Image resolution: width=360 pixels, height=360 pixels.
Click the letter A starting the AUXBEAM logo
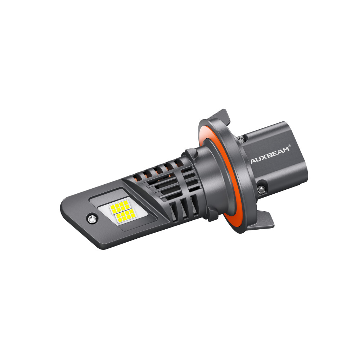tap(253, 161)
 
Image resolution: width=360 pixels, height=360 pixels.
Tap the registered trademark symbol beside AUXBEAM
tap(289, 145)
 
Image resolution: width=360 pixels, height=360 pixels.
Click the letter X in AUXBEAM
tap(265, 157)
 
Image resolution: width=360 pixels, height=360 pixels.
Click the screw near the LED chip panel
tap(92, 219)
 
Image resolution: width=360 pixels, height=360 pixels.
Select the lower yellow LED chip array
tap(125, 216)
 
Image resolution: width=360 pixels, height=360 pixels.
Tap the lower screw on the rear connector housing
tap(260, 189)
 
